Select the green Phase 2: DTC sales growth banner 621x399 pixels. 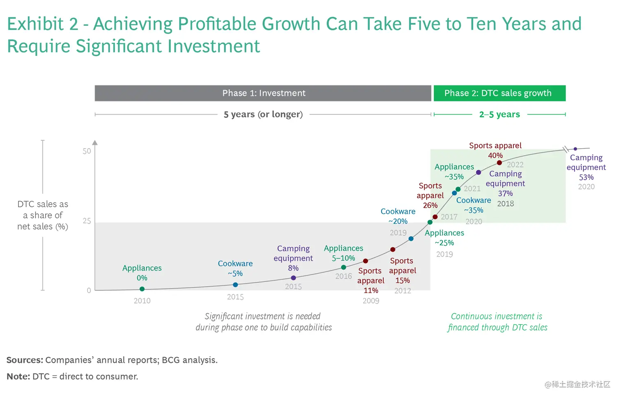pyautogui.click(x=499, y=93)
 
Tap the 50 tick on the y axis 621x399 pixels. pyautogui.click(x=87, y=151)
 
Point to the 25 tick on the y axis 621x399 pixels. pyautogui.click(x=87, y=221)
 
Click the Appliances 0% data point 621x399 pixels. pyautogui.click(x=142, y=289)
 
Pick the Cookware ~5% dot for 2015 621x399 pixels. pyautogui.click(x=235, y=285)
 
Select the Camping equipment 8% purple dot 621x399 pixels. pyautogui.click(x=293, y=278)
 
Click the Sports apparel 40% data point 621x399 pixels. pyautogui.click(x=499, y=163)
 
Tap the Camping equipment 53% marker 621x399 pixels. pyautogui.click(x=575, y=149)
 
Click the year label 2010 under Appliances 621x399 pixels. pyautogui.click(x=142, y=301)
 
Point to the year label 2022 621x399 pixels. pyautogui.click(x=515, y=165)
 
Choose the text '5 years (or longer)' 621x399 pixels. pyautogui.click(x=263, y=114)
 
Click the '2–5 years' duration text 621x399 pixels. pyautogui.click(x=499, y=114)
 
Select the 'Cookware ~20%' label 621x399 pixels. pyautogui.click(x=398, y=216)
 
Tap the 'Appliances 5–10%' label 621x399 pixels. pyautogui.click(x=343, y=253)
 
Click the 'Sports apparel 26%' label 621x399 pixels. pyautogui.click(x=430, y=195)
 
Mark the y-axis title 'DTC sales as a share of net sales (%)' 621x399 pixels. pyautogui.click(x=43, y=215)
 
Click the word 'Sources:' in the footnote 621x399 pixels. pyautogui.click(x=25, y=360)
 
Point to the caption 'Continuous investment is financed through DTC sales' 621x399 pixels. pyautogui.click(x=497, y=322)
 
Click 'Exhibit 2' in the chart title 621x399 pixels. pyautogui.click(x=42, y=24)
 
